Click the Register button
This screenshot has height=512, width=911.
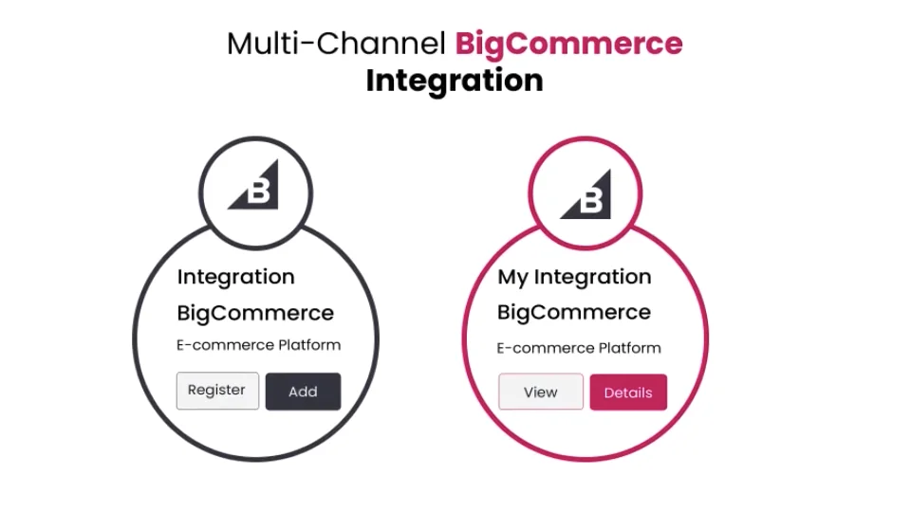coord(217,391)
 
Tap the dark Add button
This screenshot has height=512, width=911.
coord(303,392)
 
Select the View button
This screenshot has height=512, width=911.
coord(541,393)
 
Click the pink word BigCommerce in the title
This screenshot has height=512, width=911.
coord(568,44)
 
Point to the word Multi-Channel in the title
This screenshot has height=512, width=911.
coord(336,44)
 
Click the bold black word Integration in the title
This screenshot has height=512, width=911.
coord(455,81)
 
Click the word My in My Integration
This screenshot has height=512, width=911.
coord(512,278)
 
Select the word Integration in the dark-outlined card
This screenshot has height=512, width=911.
coord(236,277)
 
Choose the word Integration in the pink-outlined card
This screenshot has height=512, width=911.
coord(593,277)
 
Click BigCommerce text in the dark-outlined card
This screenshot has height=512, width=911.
coord(255,313)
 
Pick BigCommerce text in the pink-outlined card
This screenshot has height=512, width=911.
coord(574,313)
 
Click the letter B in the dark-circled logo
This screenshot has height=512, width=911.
coord(260,193)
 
